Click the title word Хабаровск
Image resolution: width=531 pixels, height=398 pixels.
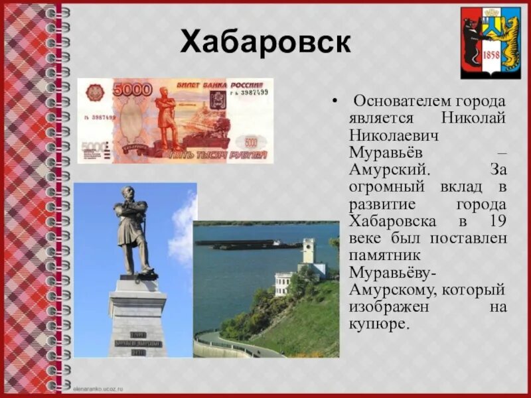coord(265,43)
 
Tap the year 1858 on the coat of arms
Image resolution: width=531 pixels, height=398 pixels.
coord(491,55)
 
